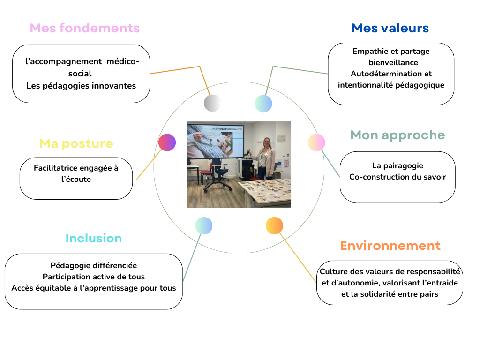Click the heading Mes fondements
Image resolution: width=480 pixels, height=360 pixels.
[84, 28]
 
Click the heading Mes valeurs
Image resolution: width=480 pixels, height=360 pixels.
[390, 28]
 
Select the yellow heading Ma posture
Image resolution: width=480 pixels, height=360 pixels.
[76, 143]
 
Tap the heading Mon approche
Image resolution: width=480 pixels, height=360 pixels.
[397, 135]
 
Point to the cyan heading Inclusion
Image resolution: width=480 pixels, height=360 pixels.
[94, 238]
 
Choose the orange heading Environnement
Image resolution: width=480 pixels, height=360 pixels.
[390, 246]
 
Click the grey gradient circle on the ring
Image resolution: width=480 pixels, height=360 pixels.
[212, 103]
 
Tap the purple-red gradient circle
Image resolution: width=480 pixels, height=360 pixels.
[167, 142]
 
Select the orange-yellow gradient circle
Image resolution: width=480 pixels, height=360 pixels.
[274, 225]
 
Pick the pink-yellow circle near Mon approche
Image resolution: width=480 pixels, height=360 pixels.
[316, 142]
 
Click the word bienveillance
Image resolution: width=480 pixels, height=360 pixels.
[393, 62]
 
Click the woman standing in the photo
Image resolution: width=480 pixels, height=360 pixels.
[265, 158]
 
